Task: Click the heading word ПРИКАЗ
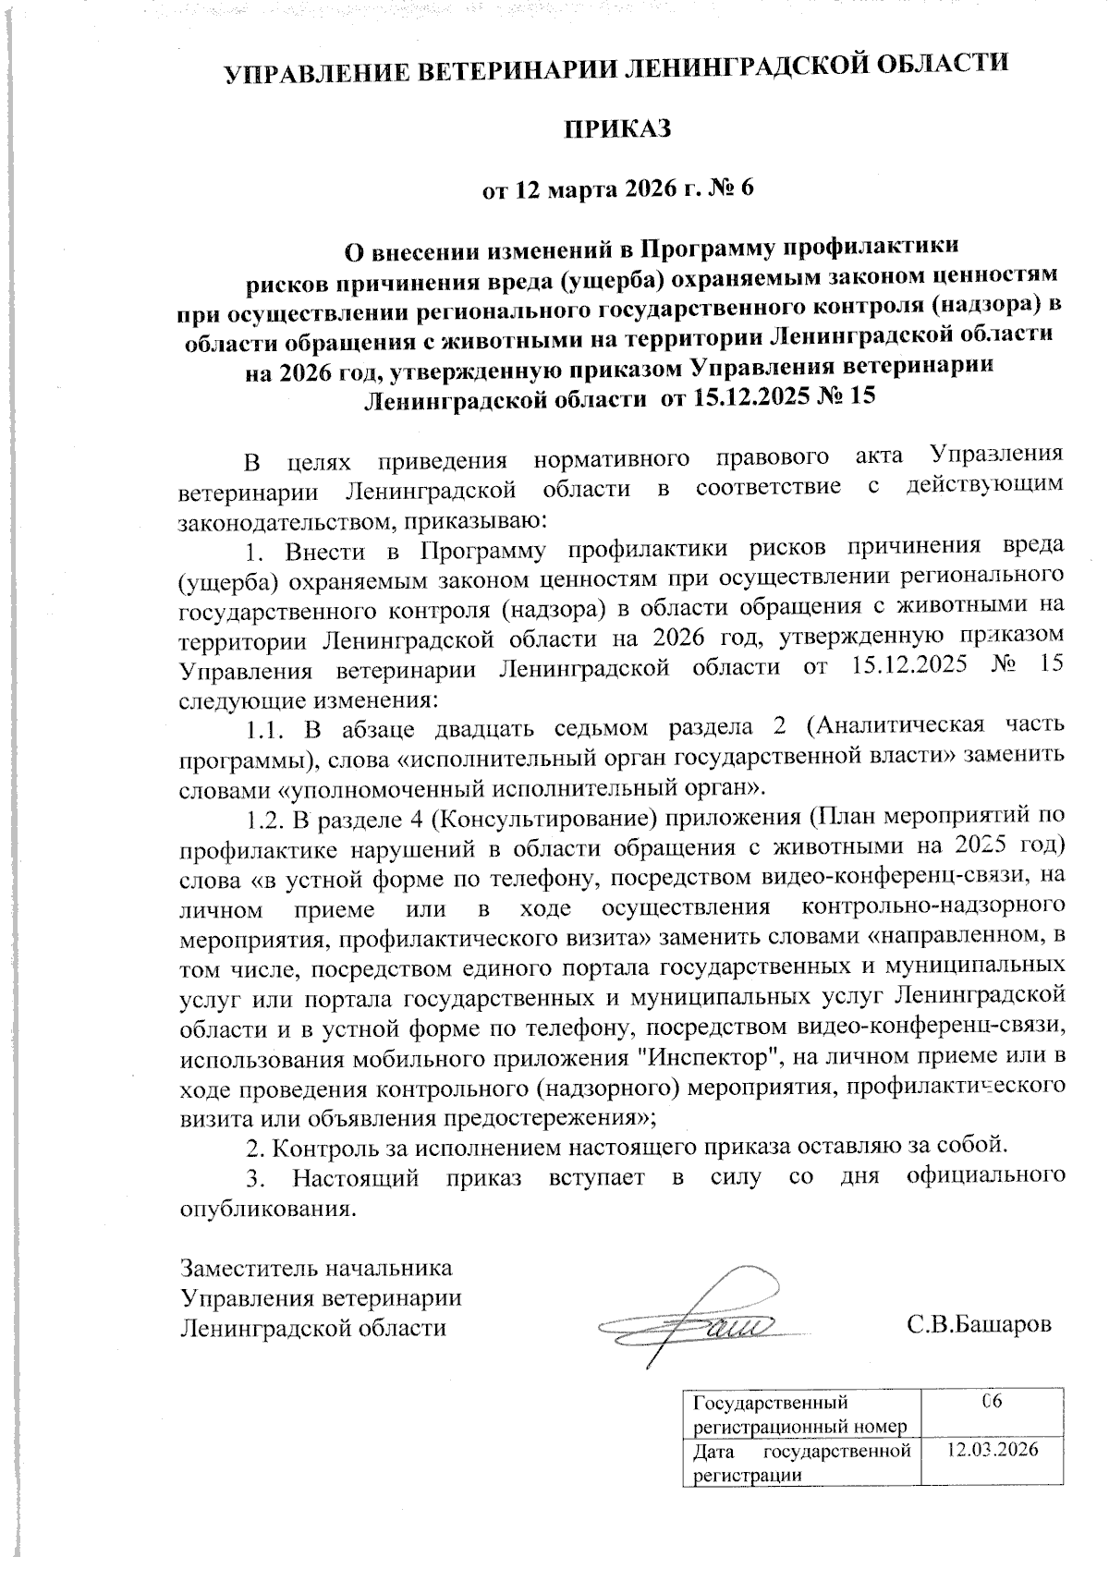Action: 617,129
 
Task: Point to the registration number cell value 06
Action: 993,1403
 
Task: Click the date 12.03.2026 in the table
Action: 993,1449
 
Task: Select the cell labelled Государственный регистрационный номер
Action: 798,1415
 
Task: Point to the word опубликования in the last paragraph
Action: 266,1208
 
